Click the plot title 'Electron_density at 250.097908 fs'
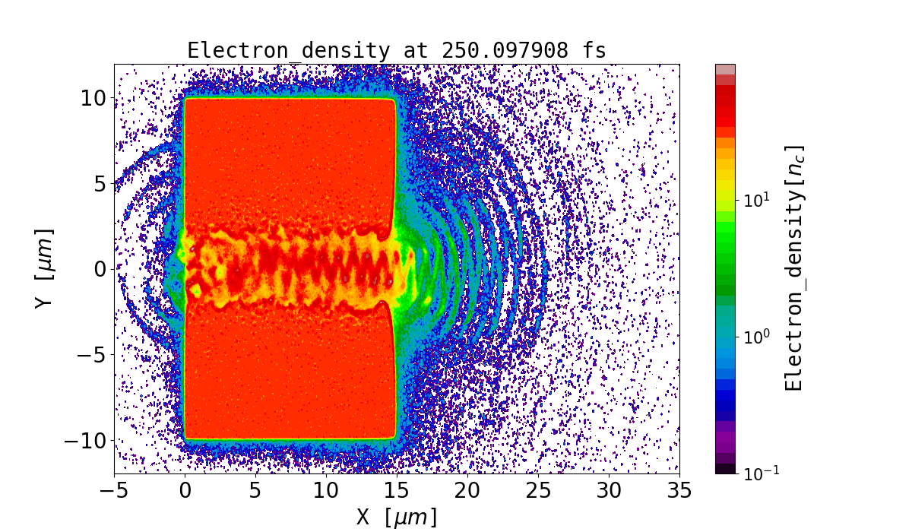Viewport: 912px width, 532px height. [x=397, y=51]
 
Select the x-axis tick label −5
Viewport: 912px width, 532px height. [x=114, y=490]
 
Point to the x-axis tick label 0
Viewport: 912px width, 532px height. [x=185, y=490]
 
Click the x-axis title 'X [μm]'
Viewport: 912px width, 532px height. [x=397, y=517]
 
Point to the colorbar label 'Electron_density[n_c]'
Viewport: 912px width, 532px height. [x=793, y=269]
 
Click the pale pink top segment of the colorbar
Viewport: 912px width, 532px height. [x=726, y=69]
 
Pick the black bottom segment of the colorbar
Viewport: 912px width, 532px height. [x=726, y=469]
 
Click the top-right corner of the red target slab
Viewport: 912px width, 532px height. [x=394, y=100]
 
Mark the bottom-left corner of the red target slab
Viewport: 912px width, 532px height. [x=185, y=438]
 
